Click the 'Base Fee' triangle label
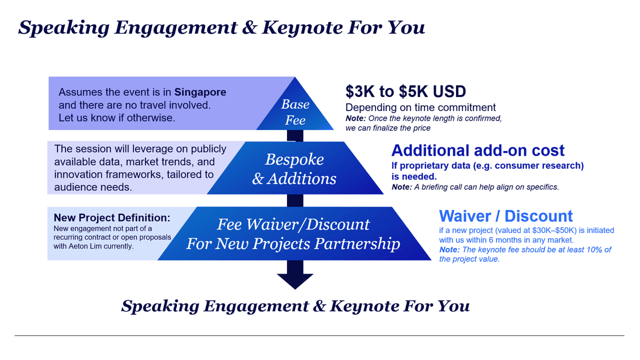(x=295, y=112)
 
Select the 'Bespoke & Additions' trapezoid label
(x=294, y=169)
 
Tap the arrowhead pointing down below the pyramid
(x=295, y=281)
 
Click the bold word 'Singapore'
(x=201, y=92)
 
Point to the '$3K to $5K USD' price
(x=406, y=91)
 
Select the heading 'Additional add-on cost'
(x=478, y=150)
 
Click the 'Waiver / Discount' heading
(x=506, y=216)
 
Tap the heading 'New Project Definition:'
(x=112, y=218)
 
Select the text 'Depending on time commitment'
(x=421, y=107)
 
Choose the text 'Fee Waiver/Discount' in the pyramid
(x=293, y=225)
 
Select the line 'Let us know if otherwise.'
(x=117, y=118)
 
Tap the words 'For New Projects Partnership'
(x=293, y=244)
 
